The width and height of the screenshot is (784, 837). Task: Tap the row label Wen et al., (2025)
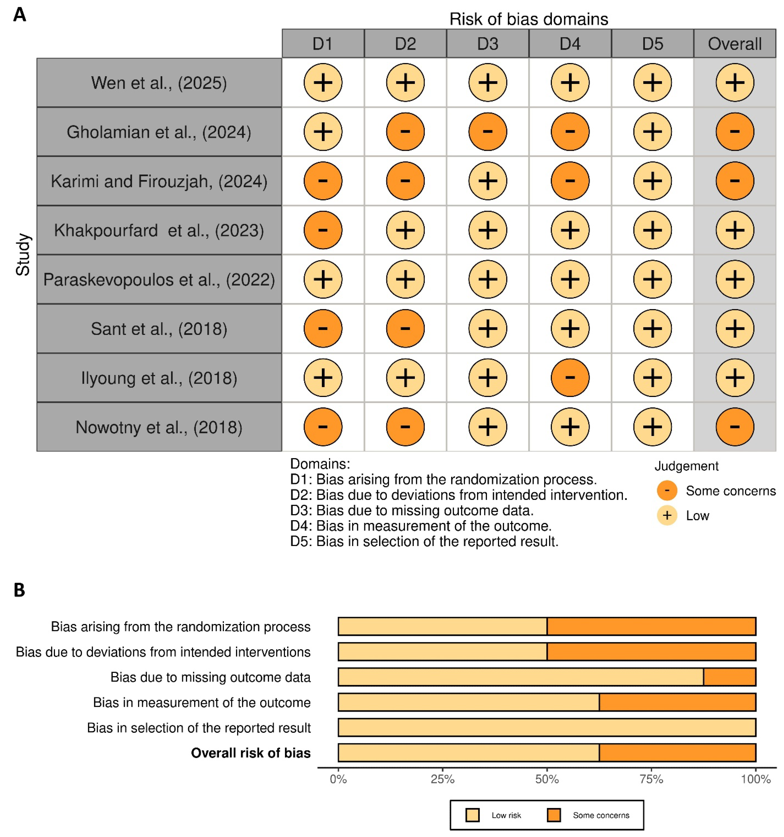(x=159, y=82)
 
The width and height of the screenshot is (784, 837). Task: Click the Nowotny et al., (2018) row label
(x=159, y=427)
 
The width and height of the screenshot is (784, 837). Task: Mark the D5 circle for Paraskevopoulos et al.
(x=652, y=279)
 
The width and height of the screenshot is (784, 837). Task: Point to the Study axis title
(x=23, y=255)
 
